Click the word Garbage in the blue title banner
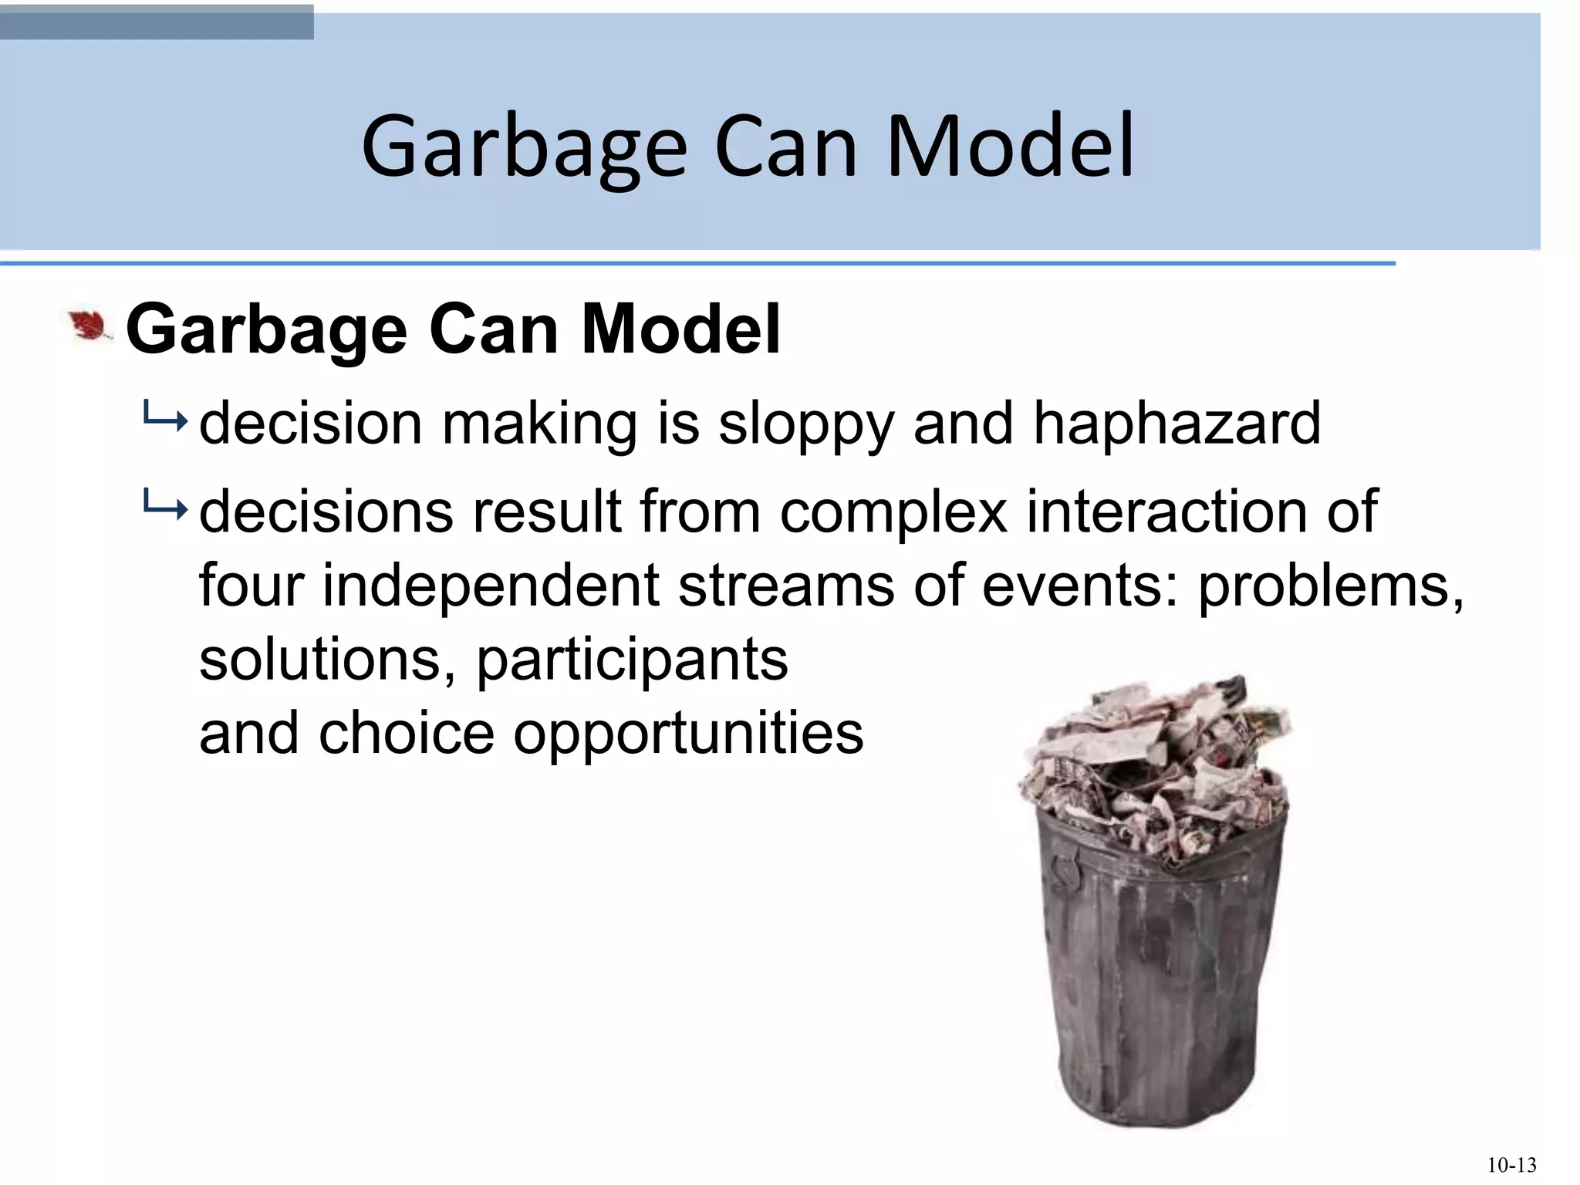[524, 147]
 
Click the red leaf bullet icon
[89, 327]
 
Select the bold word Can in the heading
[493, 330]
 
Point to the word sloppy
[805, 424]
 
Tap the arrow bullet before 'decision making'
[164, 421]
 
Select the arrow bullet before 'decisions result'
[164, 509]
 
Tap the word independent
[490, 585]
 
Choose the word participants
[632, 660]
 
